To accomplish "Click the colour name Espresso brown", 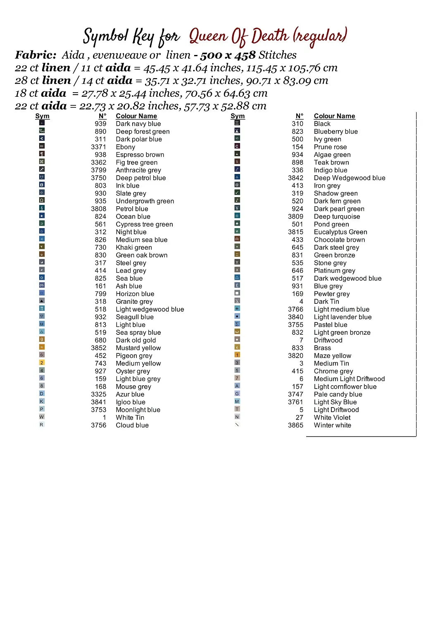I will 140,155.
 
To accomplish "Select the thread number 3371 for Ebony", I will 98,147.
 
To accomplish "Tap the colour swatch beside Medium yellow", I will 42,362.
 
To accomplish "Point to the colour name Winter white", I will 332,425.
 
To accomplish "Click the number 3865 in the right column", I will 295,425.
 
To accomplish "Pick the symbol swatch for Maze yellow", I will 237,355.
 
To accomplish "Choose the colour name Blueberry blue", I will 336,131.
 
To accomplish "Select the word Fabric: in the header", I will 36,55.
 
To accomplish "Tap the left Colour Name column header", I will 136,116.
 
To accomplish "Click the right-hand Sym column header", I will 238,116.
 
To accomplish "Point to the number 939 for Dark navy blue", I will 100,124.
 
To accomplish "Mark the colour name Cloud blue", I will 132,425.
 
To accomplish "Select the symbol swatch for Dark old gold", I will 42,339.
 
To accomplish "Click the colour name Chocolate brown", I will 339,240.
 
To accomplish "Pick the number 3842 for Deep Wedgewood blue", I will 295,178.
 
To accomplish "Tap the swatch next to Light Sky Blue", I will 237,401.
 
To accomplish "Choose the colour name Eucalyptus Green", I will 340,232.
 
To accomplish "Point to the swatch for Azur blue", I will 42,393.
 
